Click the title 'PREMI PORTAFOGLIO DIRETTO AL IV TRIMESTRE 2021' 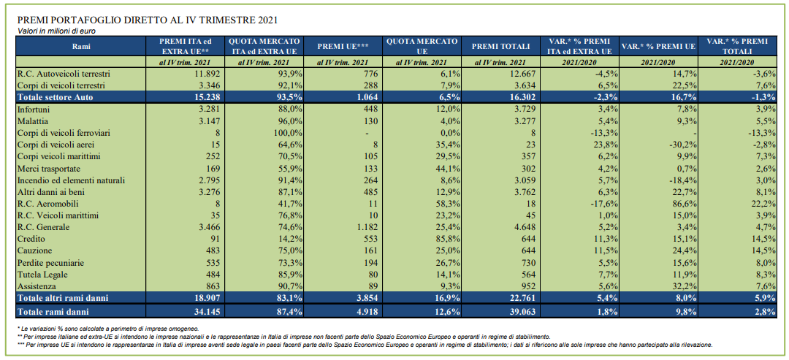148,20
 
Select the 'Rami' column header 81,46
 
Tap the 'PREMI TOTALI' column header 500,46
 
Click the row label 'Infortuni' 34,110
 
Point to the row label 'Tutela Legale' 42,274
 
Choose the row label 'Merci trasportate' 49,169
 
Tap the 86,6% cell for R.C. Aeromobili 683,204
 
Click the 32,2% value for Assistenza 683,286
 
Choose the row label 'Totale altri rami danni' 63,298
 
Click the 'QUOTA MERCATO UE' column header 422,46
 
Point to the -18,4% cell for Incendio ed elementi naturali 682,180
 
